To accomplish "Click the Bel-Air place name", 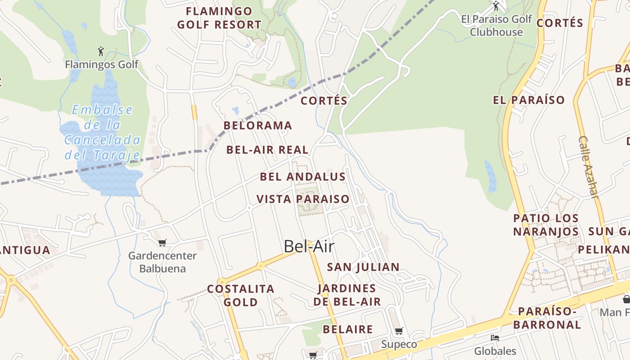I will pos(309,247).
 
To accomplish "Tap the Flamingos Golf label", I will pos(102,64).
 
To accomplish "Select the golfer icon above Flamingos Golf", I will pos(101,51).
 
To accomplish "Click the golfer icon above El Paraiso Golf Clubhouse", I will pos(496,6).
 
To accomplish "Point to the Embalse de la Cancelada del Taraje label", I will pos(102,133).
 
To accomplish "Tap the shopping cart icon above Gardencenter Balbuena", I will pos(162,243).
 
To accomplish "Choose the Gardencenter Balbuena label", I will pos(162,262).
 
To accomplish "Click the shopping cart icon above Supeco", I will pos(399,331).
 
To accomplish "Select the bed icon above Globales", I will pos(495,338).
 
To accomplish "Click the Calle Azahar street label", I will pos(589,167).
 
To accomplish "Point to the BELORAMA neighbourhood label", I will pos(258,126).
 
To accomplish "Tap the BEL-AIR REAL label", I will pos(267,150).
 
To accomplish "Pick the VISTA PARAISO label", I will pos(303,199).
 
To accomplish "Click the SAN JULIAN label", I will pos(363,267).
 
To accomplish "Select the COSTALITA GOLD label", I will pos(241,295).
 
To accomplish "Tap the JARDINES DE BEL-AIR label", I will pos(347,295).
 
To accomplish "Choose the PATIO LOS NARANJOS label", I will pos(546,225).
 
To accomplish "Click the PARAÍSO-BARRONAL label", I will pos(547,318).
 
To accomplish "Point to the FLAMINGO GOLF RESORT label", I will pos(219,18).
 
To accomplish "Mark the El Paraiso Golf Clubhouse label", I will pos(496,26).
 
